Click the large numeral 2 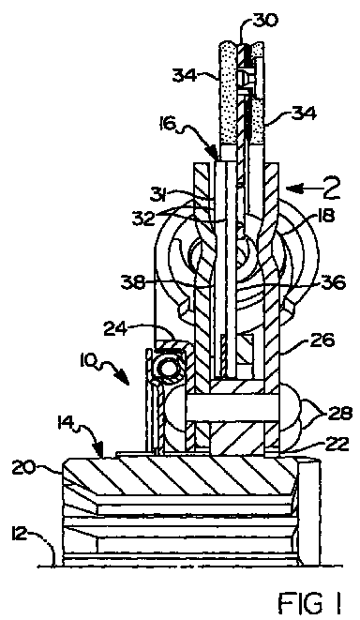[327, 189]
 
